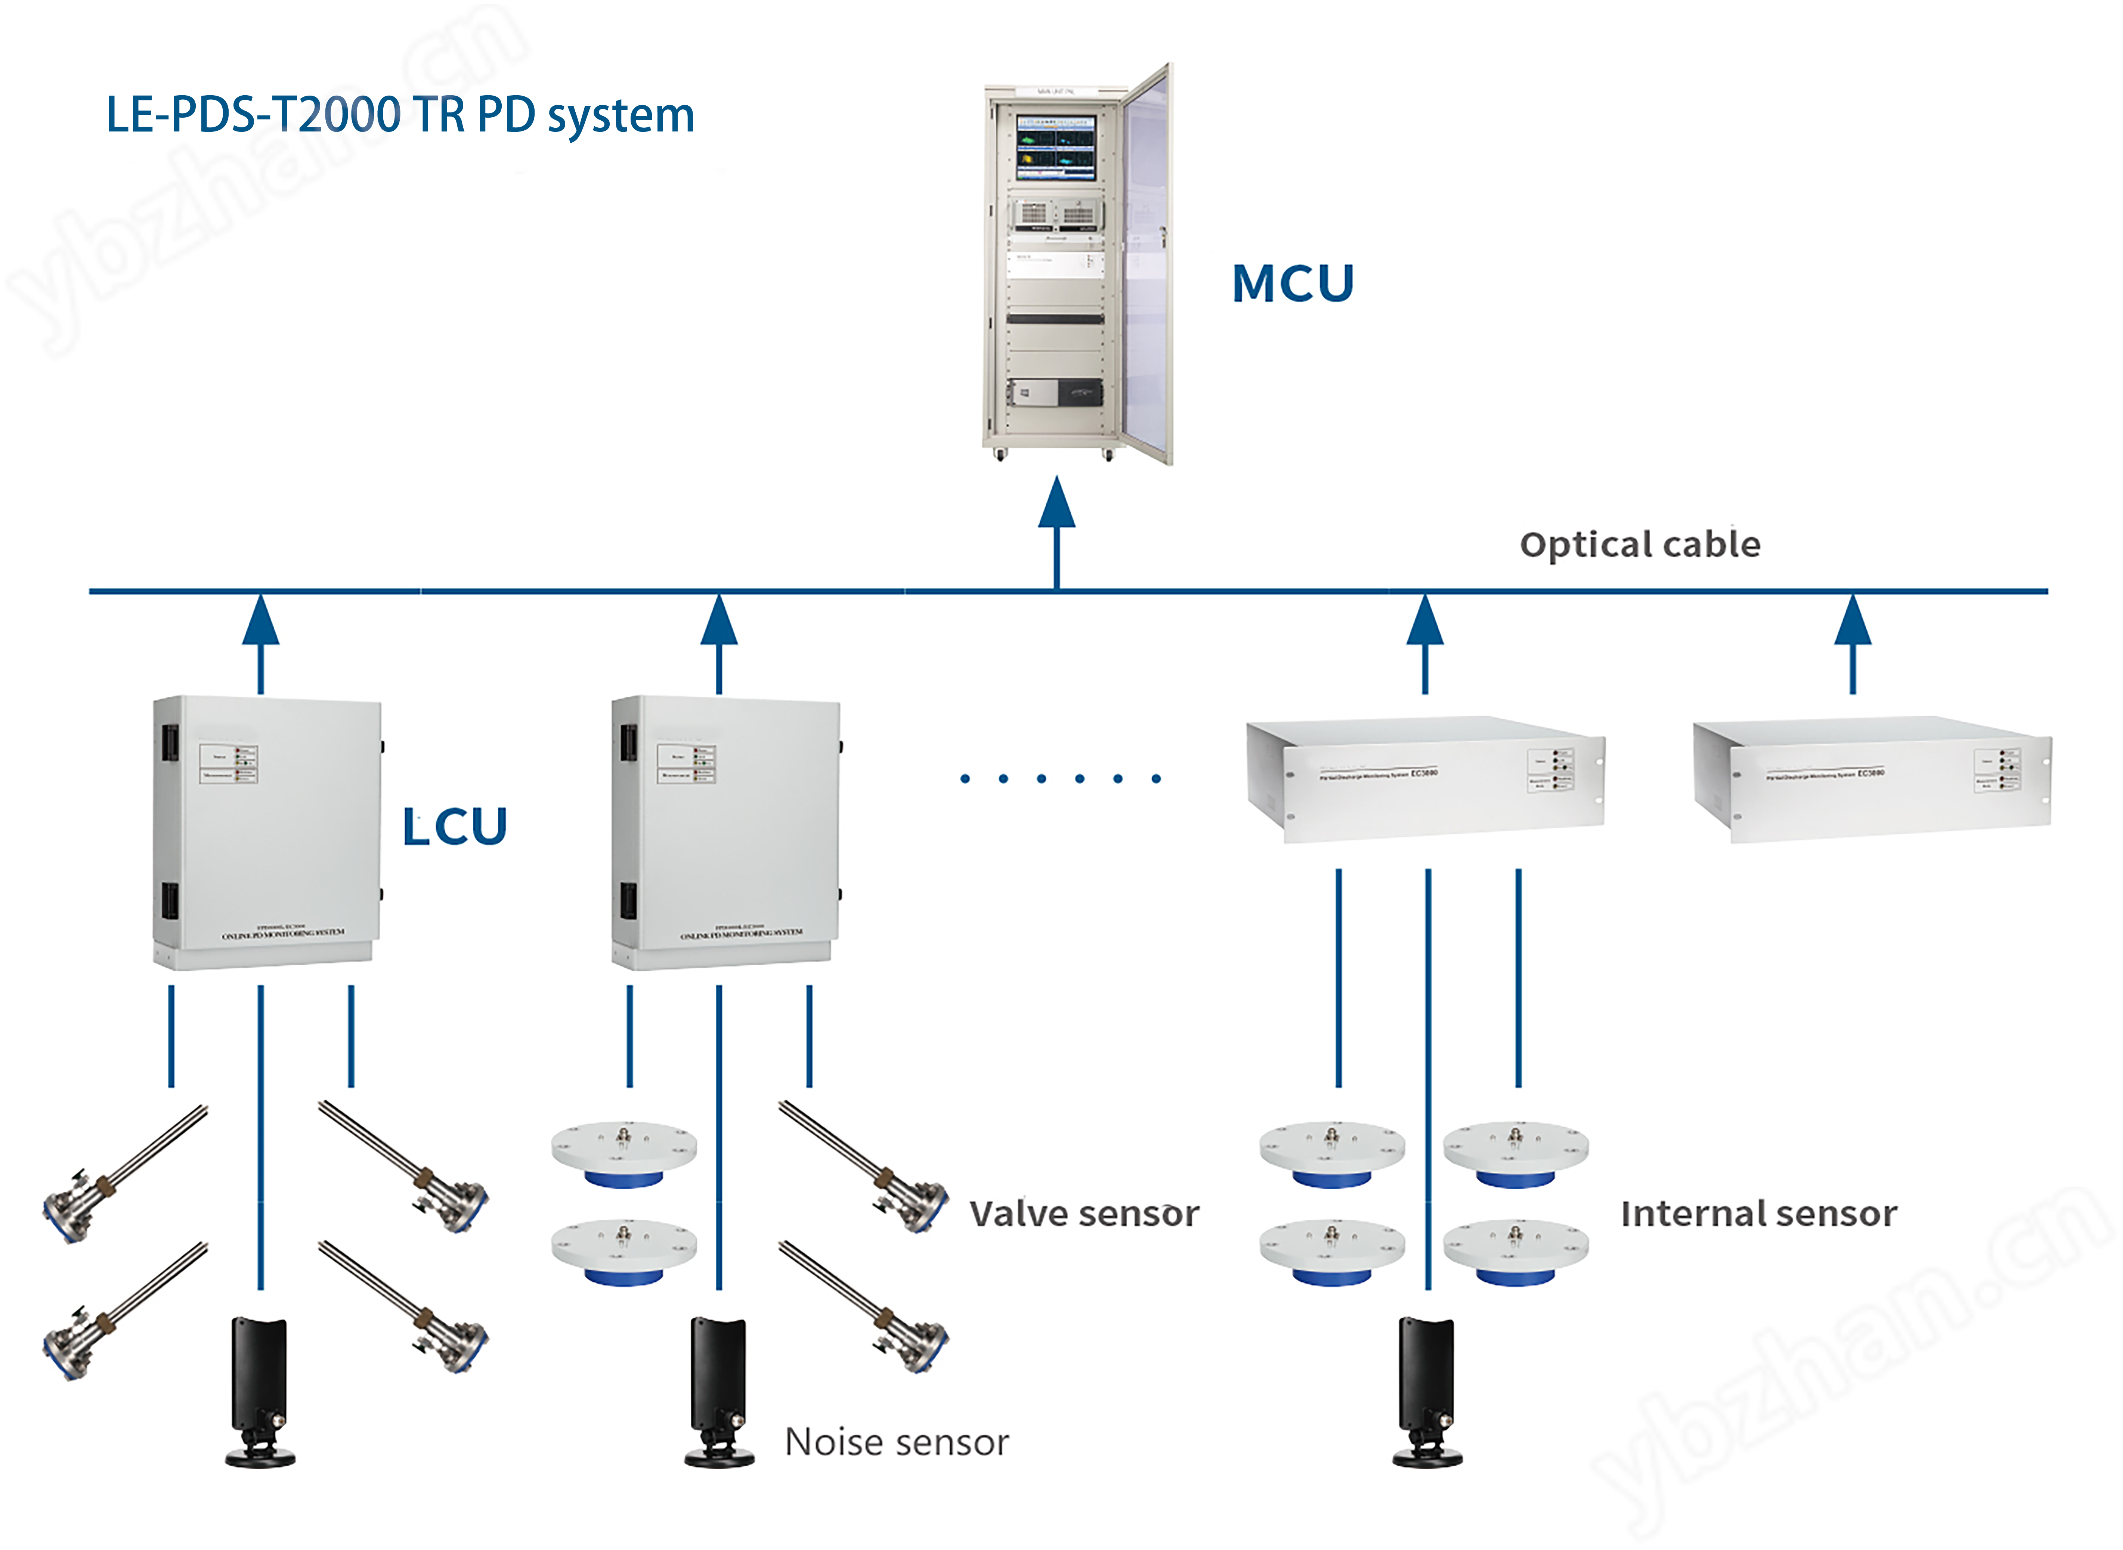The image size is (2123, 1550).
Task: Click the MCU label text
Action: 1293,283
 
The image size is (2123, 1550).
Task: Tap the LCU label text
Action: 455,827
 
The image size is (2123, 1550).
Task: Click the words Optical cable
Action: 1640,544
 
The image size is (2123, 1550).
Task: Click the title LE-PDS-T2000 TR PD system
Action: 400,115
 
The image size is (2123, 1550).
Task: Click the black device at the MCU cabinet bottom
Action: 1079,392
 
